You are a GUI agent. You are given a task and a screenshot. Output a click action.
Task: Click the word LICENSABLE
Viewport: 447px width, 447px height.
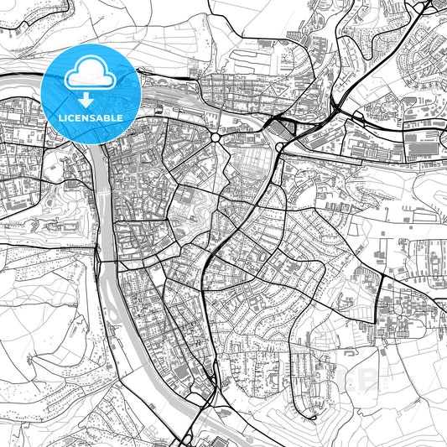(x=90, y=118)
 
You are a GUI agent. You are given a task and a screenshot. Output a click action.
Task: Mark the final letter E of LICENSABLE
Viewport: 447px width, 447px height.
(x=122, y=118)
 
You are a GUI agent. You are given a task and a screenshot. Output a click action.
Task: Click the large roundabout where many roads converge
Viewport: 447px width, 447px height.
(x=216, y=138)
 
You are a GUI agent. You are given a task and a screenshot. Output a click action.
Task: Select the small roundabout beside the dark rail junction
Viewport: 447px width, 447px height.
(x=278, y=148)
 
